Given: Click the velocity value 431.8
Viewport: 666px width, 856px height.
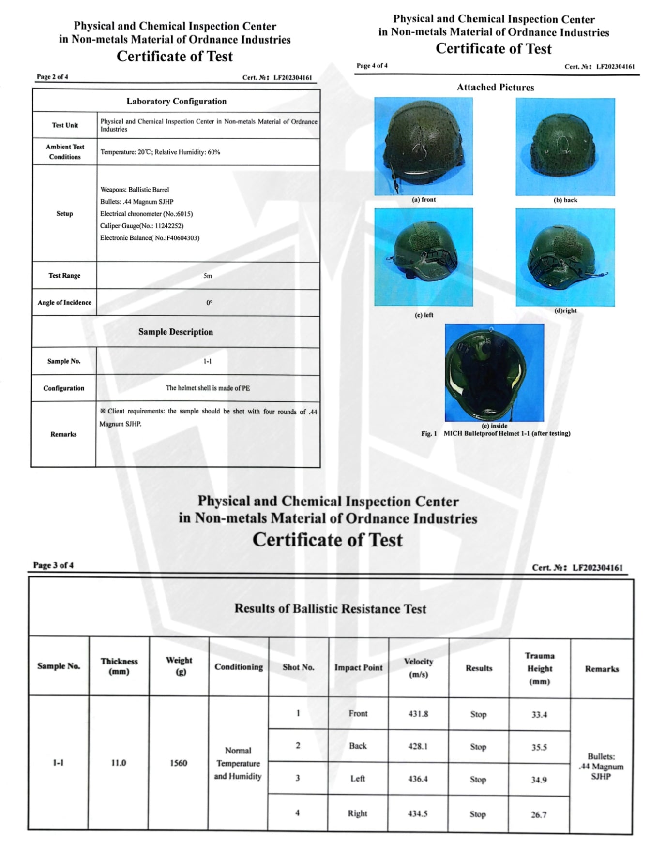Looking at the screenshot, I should [418, 714].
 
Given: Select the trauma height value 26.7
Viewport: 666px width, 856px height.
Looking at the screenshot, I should [539, 815].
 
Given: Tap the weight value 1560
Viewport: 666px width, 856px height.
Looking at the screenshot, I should [179, 763].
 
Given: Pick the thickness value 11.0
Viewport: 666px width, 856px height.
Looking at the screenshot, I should [119, 763].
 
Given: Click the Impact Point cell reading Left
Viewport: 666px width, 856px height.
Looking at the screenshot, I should [358, 779].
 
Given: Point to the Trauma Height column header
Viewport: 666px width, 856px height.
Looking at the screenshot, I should [540, 669].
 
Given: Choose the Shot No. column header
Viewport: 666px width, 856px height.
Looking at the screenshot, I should [298, 667].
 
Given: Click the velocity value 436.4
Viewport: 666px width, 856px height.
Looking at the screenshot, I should [418, 779].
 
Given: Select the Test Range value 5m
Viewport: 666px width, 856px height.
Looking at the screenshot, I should [208, 276].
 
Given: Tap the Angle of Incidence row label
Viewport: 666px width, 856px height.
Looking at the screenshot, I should [64, 303].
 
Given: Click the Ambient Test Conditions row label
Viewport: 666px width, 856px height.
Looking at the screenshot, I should [65, 152].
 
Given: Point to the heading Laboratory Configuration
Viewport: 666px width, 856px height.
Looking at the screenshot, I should [176, 102].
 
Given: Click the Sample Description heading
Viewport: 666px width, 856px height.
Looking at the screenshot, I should [176, 332].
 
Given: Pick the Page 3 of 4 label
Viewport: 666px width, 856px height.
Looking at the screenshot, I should [53, 565].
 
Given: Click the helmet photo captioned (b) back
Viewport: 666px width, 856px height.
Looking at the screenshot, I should [565, 147].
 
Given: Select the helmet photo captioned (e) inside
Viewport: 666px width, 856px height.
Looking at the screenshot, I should [494, 372].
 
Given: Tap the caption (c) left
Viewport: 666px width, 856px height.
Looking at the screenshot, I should [424, 315].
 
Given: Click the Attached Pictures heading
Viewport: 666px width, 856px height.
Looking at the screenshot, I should [495, 88].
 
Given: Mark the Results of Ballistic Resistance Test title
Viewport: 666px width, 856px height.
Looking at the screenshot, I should [330, 608].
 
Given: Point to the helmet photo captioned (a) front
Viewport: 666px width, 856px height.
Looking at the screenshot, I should [424, 146].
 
